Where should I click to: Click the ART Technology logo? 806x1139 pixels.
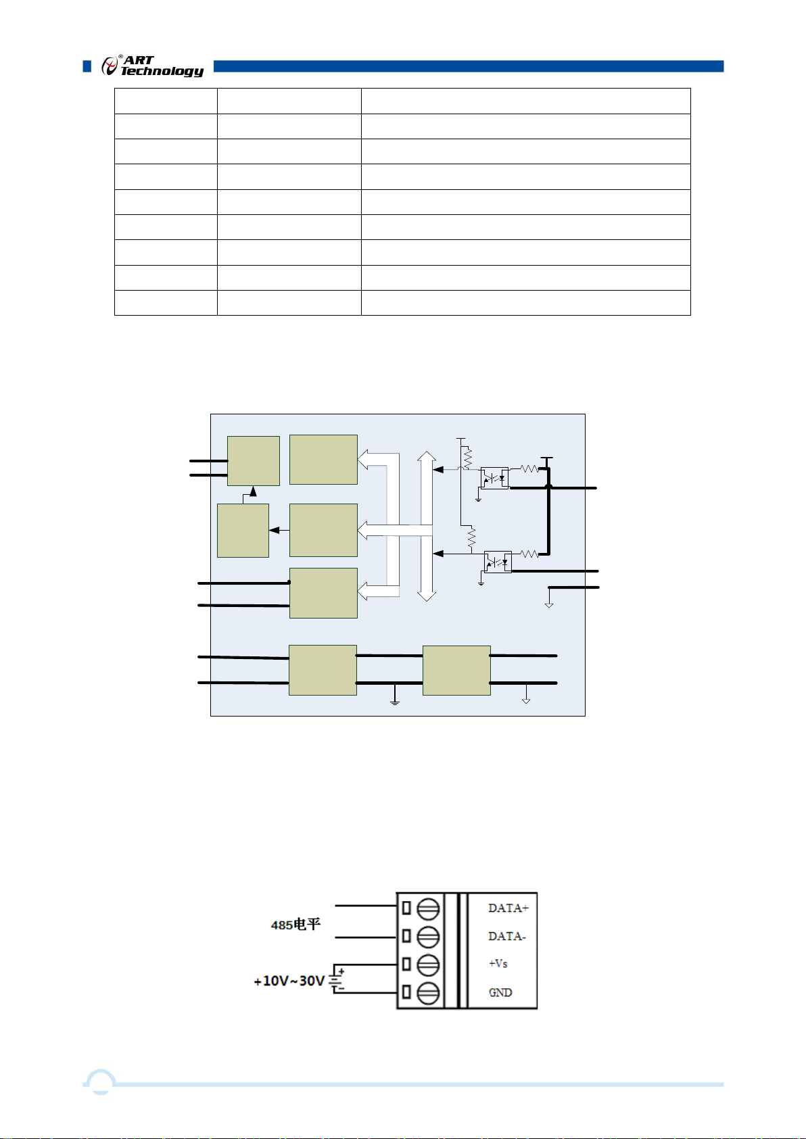[x=152, y=66]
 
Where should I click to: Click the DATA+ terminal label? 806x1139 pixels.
[x=508, y=908]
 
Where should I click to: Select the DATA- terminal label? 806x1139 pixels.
[x=506, y=936]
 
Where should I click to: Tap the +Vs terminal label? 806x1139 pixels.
[x=498, y=963]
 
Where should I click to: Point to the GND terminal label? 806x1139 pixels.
[x=500, y=992]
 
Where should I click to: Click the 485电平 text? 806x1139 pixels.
[x=295, y=924]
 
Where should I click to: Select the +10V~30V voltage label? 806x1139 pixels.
[x=289, y=980]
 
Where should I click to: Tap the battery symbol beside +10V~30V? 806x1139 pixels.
[x=337, y=979]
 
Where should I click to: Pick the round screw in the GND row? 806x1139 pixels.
[x=428, y=993]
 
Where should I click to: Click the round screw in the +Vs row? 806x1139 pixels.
[x=428, y=965]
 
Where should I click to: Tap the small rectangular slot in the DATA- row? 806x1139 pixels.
[x=406, y=936]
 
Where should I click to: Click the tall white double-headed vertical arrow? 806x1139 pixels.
[x=426, y=527]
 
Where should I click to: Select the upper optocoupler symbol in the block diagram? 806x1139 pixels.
[x=494, y=478]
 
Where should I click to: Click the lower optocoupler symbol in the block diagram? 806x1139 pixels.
[x=498, y=562]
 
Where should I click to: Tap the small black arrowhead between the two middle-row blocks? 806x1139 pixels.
[x=274, y=531]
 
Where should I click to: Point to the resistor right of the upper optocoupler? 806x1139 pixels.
[x=529, y=469]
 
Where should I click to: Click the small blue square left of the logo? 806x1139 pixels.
[x=87, y=66]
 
